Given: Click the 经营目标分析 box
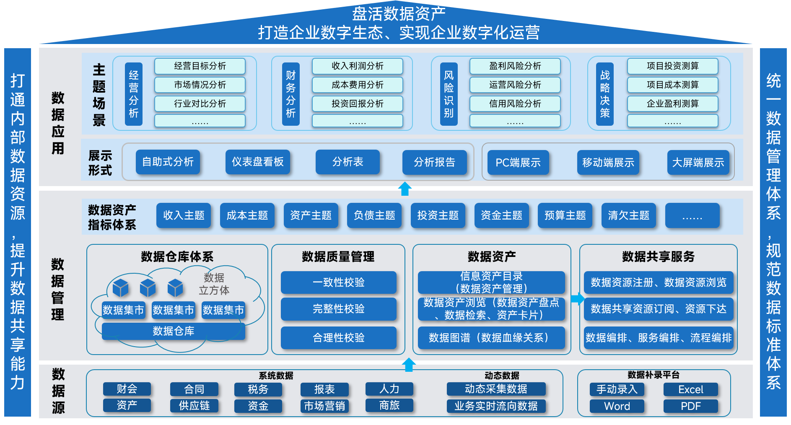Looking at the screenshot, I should pyautogui.click(x=200, y=66).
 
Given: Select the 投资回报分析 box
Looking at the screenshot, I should pyautogui.click(x=357, y=104).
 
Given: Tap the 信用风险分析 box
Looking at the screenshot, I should pyautogui.click(x=515, y=104).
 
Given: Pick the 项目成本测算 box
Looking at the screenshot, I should pyautogui.click(x=672, y=85).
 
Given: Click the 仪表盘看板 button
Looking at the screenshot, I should pyautogui.click(x=258, y=162).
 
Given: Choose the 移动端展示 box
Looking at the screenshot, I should pyautogui.click(x=608, y=163).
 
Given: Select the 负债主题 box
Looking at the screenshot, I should pyautogui.click(x=374, y=215).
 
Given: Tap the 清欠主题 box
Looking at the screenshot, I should pyautogui.click(x=628, y=215).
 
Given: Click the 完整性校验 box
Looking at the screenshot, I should pyautogui.click(x=338, y=309).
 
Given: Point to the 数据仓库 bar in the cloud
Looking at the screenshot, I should pyautogui.click(x=174, y=331).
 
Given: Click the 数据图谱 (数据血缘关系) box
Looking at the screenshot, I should pyautogui.click(x=491, y=338).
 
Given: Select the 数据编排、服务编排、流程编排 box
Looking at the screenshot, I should pyautogui.click(x=658, y=338).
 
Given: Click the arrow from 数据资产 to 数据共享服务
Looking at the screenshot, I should pyautogui.click(x=578, y=299).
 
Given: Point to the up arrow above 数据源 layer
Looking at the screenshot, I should pyautogui.click(x=409, y=365).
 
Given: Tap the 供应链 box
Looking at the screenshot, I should pyautogui.click(x=194, y=406).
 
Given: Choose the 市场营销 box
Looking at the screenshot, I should pyautogui.click(x=324, y=406).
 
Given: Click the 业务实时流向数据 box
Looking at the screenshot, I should pyautogui.click(x=496, y=406).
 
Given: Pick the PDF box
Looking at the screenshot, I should pyautogui.click(x=690, y=406).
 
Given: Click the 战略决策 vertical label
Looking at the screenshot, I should pyautogui.click(x=604, y=94).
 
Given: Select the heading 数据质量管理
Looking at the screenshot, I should pyautogui.click(x=338, y=257).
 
